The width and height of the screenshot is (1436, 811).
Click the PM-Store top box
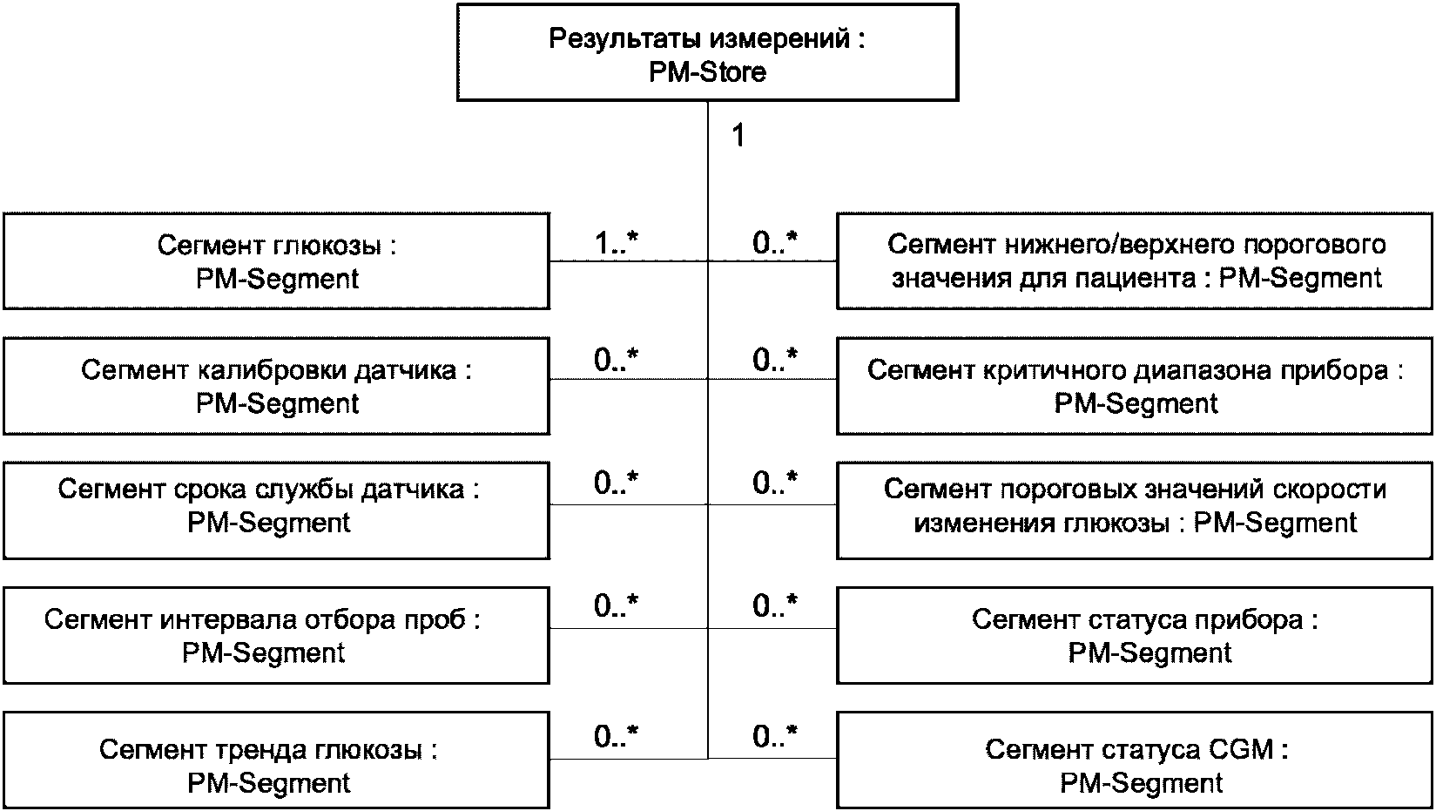[x=708, y=52]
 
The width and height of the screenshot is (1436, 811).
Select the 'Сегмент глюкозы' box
[x=276, y=261]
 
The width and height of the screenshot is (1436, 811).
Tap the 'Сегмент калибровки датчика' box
[x=276, y=386]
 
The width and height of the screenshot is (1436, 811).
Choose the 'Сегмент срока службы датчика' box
[x=276, y=510]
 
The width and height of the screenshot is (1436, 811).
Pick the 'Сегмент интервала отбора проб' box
[x=276, y=635]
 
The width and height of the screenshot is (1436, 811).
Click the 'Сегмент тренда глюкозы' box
[x=276, y=760]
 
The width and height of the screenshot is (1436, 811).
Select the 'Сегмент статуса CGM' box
[x=1136, y=760]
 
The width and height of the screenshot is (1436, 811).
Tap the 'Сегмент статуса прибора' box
[x=1136, y=635]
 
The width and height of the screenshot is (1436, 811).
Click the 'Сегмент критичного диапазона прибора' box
[x=1136, y=386]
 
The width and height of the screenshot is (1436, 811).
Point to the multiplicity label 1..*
[x=616, y=243]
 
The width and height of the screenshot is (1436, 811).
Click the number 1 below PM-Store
[x=738, y=135]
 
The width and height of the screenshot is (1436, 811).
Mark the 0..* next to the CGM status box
[x=775, y=736]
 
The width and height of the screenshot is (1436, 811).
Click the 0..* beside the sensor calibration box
[x=616, y=360]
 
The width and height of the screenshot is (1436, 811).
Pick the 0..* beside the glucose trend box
[x=616, y=736]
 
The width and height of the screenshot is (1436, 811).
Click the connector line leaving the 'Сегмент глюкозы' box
[x=629, y=261]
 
